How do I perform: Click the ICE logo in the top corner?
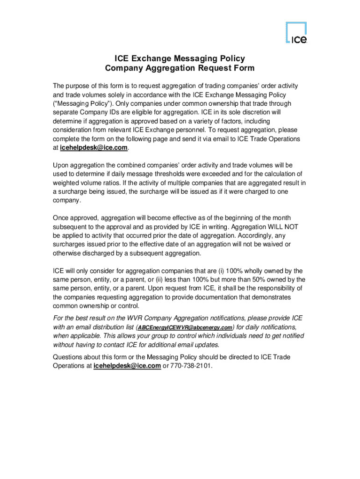[x=296, y=34]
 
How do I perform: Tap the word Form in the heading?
[x=243, y=68]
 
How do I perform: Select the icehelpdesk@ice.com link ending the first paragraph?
[x=94, y=148]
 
